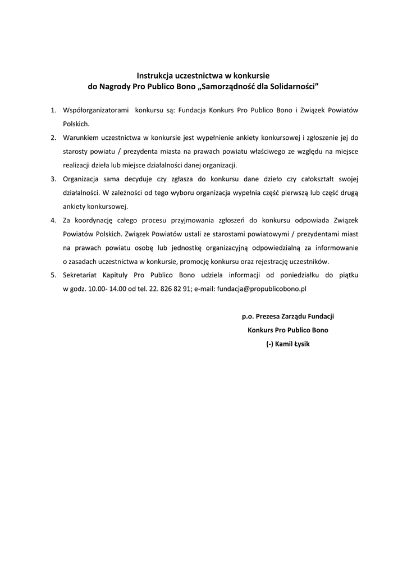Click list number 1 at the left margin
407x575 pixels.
point(53,111)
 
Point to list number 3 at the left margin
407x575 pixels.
point(53,179)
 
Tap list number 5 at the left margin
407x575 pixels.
point(53,275)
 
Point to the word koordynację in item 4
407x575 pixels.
point(96,220)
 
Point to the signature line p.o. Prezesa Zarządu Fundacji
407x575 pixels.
point(287,316)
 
